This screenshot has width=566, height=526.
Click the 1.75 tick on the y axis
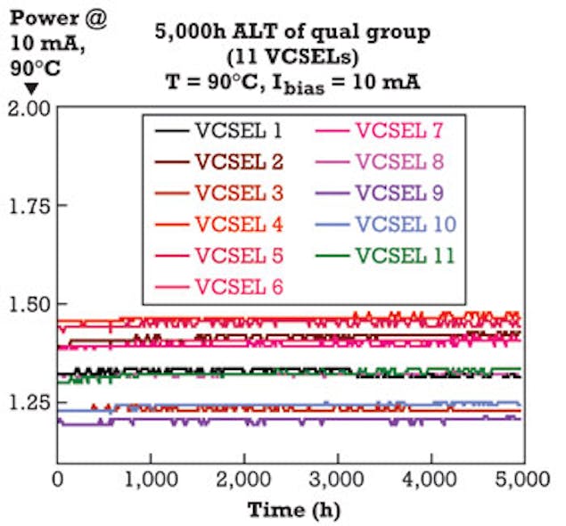coord(26,206)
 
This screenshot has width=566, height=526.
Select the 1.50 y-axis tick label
coord(26,304)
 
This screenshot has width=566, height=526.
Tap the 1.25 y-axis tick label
coord(26,402)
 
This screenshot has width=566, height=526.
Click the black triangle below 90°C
coord(29,88)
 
